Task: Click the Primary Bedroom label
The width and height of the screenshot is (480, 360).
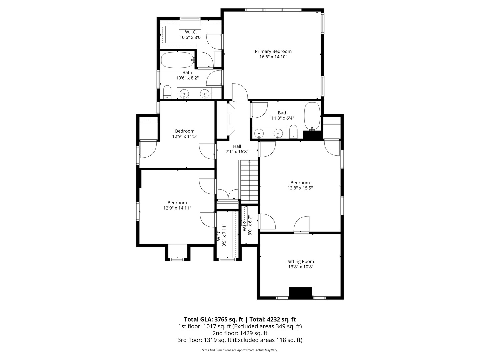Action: [273, 51]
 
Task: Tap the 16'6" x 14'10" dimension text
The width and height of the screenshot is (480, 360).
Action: [273, 57]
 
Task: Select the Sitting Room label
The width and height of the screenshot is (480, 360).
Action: [301, 261]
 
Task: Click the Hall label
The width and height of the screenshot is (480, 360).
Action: [237, 146]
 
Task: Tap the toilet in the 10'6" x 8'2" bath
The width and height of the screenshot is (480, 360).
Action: [167, 92]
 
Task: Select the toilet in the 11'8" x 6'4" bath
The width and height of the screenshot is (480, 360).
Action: [293, 132]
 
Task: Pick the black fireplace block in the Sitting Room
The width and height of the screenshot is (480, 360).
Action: [300, 293]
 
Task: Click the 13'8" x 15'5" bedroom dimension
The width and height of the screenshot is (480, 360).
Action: [300, 188]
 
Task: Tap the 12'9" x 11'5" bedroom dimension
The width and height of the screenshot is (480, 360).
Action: [185, 136]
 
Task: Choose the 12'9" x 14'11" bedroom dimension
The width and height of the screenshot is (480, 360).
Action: [177, 208]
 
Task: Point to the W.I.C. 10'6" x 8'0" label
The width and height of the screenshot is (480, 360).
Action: [191, 35]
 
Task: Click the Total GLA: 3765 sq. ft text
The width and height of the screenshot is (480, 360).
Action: [213, 320]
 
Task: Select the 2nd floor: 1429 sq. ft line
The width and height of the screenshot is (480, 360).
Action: [240, 333]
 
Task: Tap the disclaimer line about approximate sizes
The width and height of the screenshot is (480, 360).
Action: [240, 350]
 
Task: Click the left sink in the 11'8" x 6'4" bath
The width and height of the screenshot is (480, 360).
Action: [259, 133]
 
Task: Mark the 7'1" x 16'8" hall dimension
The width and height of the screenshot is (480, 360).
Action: [237, 152]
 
